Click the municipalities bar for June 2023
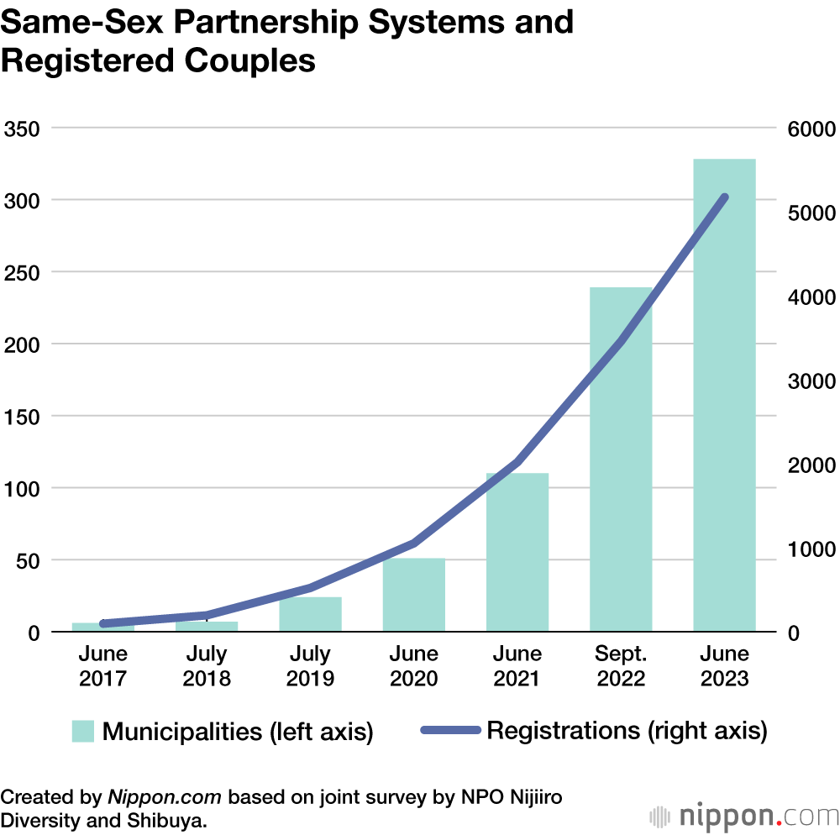[x=724, y=395]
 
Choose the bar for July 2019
[x=310, y=614]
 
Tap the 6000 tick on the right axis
[x=809, y=129]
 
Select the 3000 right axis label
[x=809, y=381]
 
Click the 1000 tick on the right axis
[x=809, y=549]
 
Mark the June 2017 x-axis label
[x=103, y=665]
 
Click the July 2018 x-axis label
[x=207, y=665]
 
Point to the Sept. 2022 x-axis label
[x=621, y=665]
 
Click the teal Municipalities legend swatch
[x=83, y=731]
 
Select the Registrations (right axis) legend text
[x=627, y=730]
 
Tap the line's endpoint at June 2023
[x=725, y=197]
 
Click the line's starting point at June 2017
[x=103, y=623]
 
